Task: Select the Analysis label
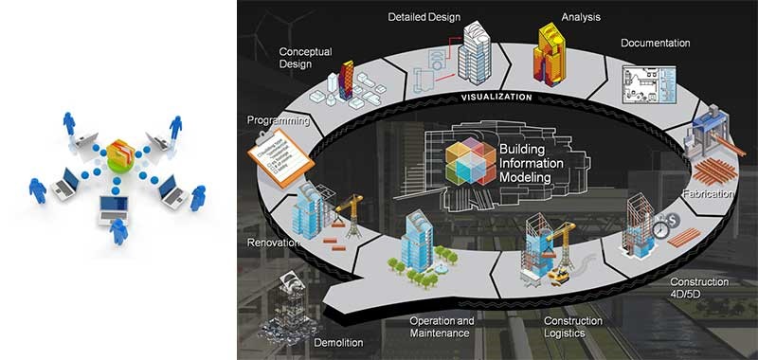(x=580, y=17)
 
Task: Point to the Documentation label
(x=655, y=43)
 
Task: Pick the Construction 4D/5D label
(x=699, y=288)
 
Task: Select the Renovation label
(x=274, y=243)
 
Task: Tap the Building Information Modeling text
(x=538, y=164)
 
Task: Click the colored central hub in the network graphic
(x=120, y=153)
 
